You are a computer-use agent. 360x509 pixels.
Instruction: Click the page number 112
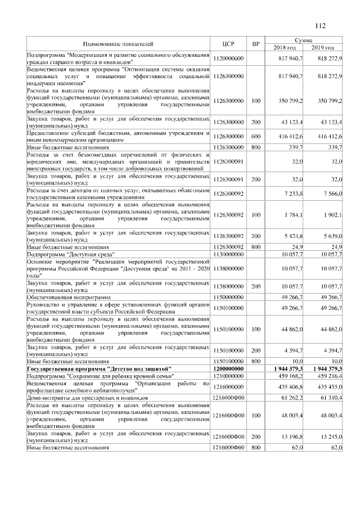(x=321, y=25)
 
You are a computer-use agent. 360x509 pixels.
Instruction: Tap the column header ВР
(x=256, y=43)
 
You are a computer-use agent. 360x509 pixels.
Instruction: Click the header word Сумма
(x=304, y=40)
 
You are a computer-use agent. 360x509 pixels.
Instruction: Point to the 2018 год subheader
(x=285, y=47)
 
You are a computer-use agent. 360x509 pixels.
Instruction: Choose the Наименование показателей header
(x=118, y=43)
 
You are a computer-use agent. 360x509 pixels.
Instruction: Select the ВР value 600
(x=256, y=137)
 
